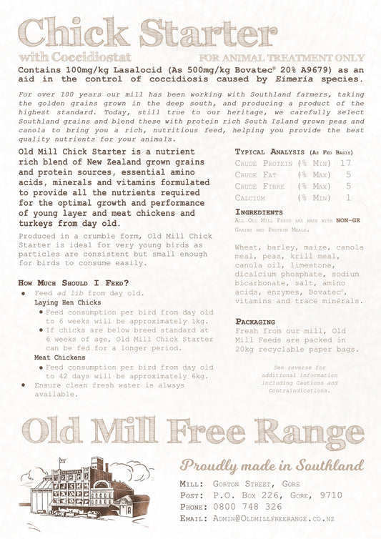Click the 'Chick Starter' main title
(x=148, y=33)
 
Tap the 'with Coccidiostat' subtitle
(x=70, y=57)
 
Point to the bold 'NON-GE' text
(x=348, y=220)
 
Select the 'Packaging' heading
(x=255, y=322)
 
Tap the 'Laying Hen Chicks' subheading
(x=68, y=303)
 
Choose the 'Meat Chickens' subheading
(x=61, y=357)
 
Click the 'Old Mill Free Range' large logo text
(x=193, y=432)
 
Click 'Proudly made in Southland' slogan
(x=272, y=465)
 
